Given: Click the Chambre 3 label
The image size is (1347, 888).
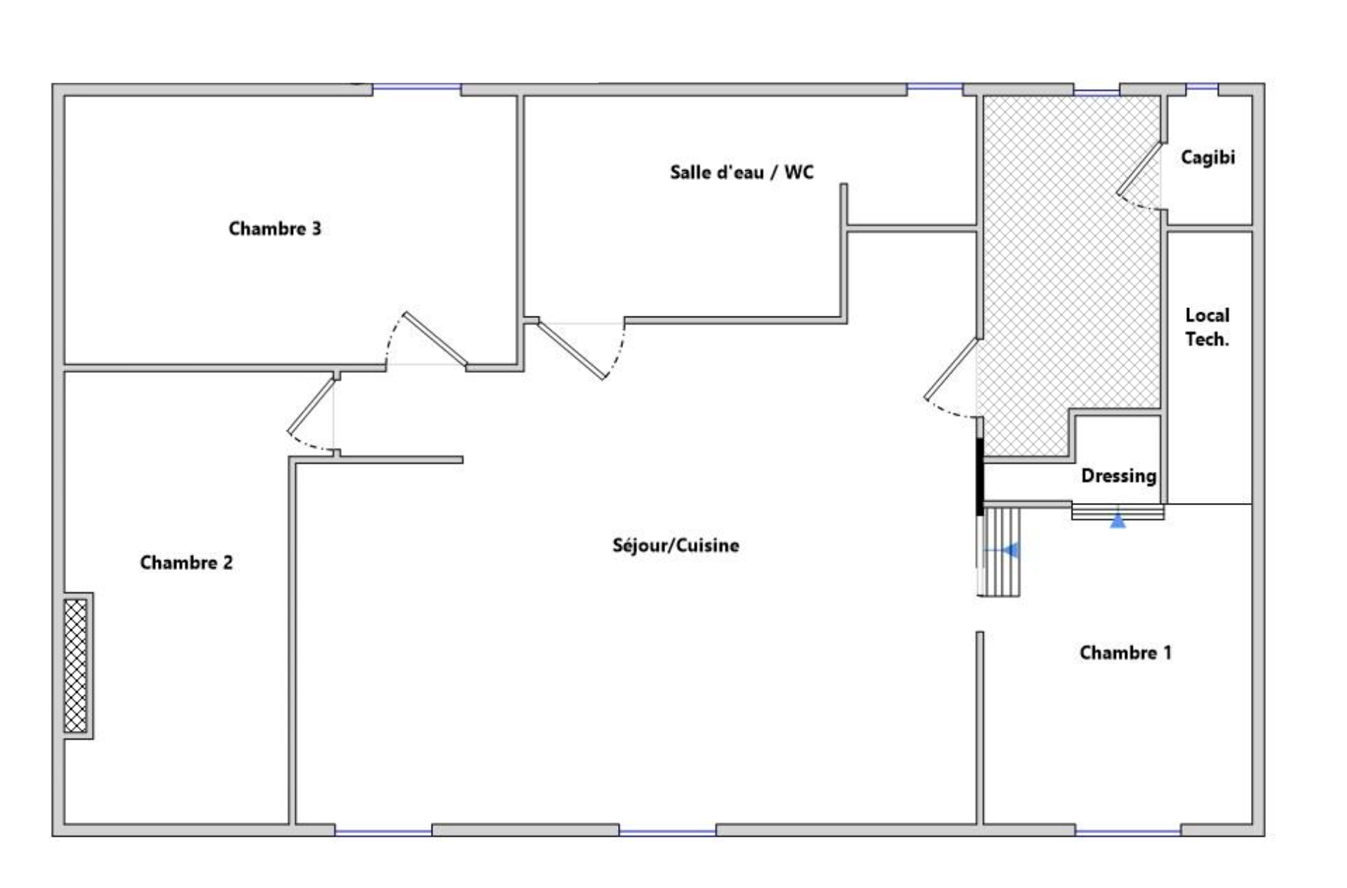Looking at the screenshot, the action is point(275,228).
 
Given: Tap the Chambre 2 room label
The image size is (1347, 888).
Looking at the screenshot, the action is point(186,563).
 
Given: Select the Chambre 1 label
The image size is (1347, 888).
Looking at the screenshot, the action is point(1125,652).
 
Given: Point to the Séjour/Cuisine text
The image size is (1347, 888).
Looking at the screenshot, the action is point(676,546).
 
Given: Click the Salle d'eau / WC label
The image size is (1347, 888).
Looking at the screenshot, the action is point(742,172).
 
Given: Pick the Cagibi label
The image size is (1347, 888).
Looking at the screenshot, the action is point(1208,157).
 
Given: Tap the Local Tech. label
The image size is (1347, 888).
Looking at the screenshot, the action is point(1207,327).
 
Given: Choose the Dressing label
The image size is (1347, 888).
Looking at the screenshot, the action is point(1119,476).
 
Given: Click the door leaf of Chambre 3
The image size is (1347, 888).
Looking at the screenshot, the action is point(435,339).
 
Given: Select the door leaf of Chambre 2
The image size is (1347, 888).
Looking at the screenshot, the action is point(311,405).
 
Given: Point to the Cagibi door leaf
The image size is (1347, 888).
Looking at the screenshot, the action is point(1139,168).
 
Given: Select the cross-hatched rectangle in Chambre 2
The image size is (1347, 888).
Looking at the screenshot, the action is point(75,665).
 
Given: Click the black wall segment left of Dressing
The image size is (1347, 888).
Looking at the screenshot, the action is point(979,476).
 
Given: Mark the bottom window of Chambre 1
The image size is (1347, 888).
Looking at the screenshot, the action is point(1128,830).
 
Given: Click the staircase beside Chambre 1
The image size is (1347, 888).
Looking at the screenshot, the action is point(1000,551).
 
